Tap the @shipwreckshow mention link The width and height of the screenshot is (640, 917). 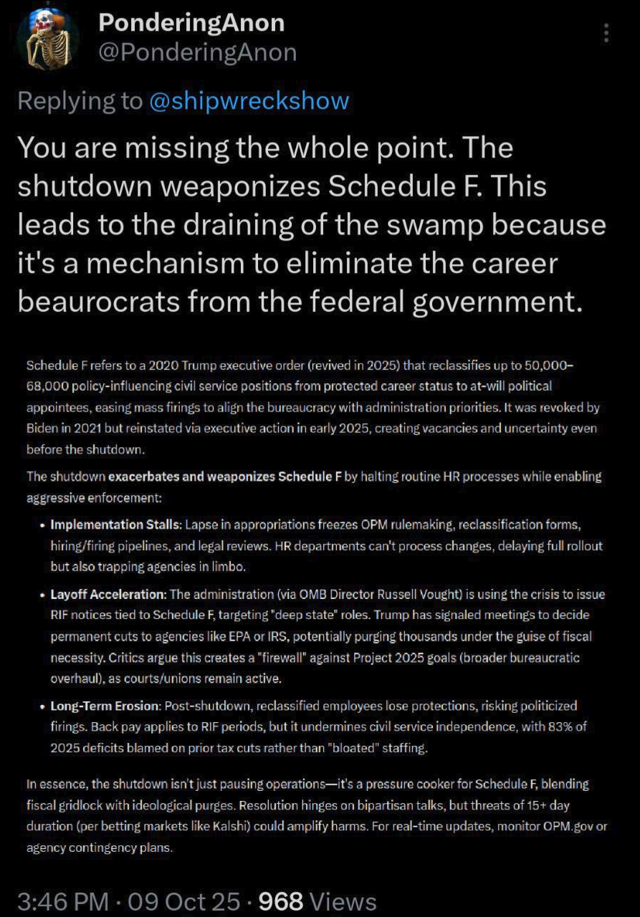pyautogui.click(x=249, y=100)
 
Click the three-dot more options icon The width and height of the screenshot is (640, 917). pyautogui.click(x=606, y=34)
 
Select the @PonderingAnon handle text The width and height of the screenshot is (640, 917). pyautogui.click(x=197, y=52)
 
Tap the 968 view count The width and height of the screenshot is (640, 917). pyautogui.click(x=282, y=901)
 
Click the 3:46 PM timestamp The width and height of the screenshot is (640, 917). pyautogui.click(x=63, y=901)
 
